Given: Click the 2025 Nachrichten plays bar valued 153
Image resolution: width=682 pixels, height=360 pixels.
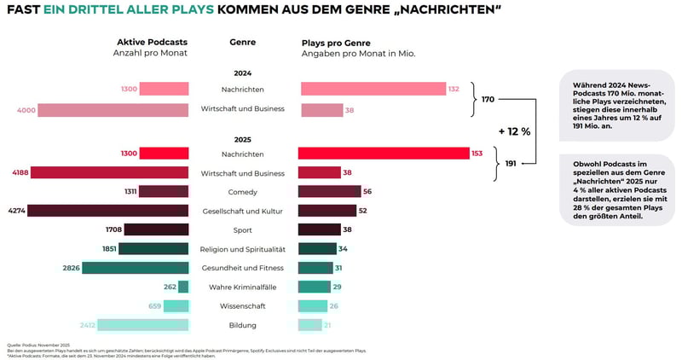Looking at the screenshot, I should tap(384, 154).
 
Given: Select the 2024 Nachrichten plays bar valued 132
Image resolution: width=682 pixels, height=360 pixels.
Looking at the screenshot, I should tap(373, 89).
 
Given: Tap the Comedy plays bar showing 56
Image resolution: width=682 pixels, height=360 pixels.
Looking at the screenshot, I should tap(329, 192).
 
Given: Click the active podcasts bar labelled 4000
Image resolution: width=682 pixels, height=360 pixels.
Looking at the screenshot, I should tap(113, 110).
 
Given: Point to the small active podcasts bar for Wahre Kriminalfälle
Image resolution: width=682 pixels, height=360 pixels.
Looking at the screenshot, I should tap(183, 287).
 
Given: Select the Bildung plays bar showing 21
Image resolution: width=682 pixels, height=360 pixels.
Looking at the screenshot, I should tap(310, 325).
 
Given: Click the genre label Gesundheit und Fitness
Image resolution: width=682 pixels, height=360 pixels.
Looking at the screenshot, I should tap(243, 268).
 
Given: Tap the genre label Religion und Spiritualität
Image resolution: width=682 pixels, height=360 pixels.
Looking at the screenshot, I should tap(243, 249).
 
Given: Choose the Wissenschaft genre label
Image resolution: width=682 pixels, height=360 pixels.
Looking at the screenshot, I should tap(243, 306).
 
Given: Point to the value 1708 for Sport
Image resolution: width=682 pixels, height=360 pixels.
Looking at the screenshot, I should tap(113, 230).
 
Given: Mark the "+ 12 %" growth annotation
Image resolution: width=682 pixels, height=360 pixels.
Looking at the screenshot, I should tap(514, 131).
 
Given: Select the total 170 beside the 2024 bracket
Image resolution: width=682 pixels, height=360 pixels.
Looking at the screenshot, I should tap(488, 100).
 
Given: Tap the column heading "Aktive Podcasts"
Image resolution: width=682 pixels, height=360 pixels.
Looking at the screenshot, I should tap(152, 42).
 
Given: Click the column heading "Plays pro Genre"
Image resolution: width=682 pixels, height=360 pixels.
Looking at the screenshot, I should tap(336, 42).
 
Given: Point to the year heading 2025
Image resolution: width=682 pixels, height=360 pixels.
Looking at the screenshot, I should tap(243, 138).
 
